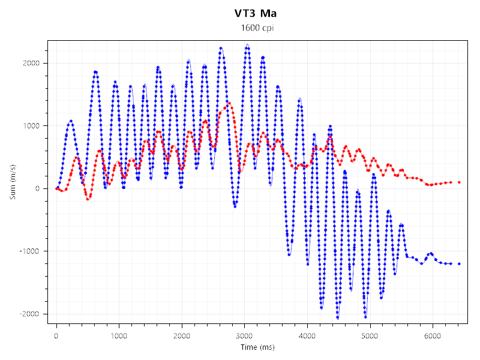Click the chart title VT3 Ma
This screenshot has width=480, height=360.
pos(256,13)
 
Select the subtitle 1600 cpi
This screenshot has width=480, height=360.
pos(256,28)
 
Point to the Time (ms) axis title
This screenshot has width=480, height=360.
pos(257,347)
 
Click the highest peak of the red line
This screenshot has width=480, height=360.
pos(229,103)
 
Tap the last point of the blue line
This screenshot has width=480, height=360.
pos(459,263)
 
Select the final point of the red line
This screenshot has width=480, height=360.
pos(459,182)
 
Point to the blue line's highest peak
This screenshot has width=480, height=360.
pos(247,45)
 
